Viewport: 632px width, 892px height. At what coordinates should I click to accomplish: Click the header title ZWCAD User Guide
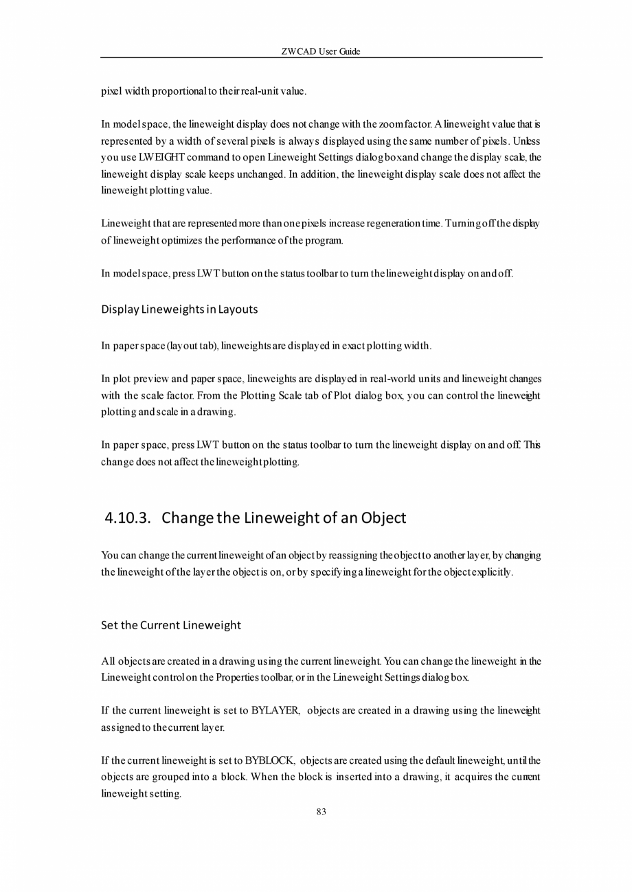click(x=321, y=51)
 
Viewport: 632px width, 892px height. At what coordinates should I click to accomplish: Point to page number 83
click(x=321, y=812)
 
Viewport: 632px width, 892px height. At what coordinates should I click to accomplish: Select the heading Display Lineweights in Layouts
click(x=179, y=309)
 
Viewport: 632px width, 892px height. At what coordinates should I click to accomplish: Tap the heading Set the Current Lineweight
click(x=171, y=625)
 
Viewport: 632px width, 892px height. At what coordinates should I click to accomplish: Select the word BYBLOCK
click(x=270, y=760)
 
